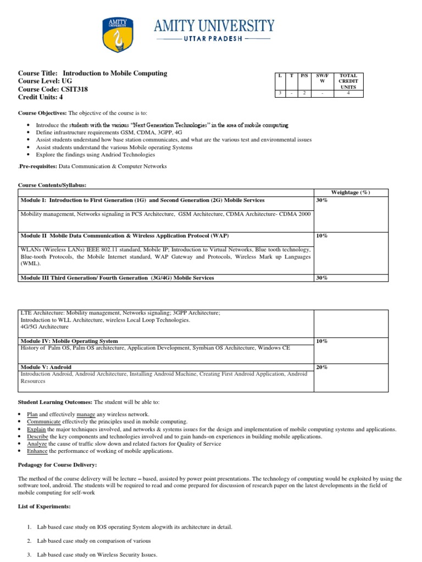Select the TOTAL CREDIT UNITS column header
pyautogui.click(x=348, y=81)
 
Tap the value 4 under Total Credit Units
pyautogui.click(x=348, y=93)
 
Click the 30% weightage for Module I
pyautogui.click(x=322, y=200)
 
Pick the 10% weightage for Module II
pyautogui.click(x=322, y=235)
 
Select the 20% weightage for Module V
pyautogui.click(x=322, y=367)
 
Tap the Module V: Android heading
pyautogui.click(x=46, y=367)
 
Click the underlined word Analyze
pyautogui.click(x=37, y=443)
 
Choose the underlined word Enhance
pyautogui.click(x=37, y=451)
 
